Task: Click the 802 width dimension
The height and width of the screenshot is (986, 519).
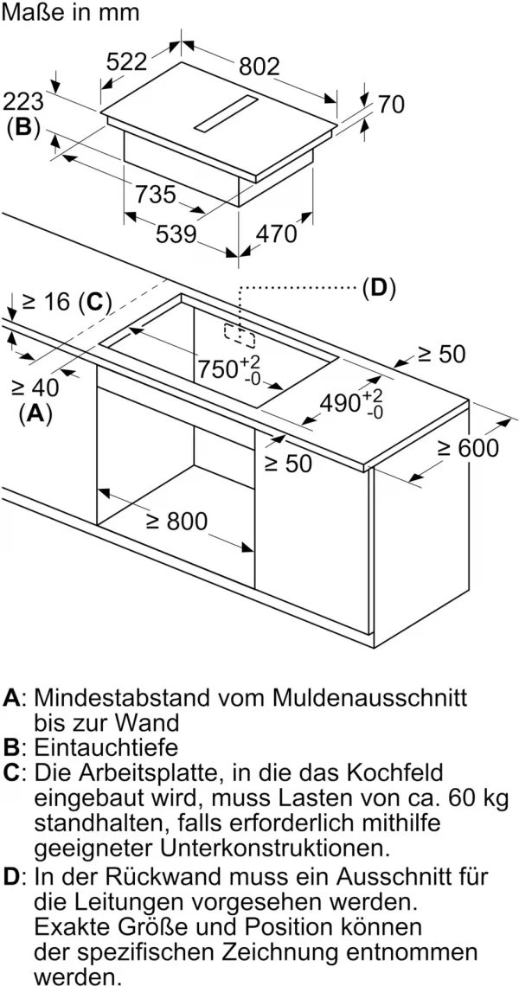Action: point(259,66)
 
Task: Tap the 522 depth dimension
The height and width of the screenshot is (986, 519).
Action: point(126,61)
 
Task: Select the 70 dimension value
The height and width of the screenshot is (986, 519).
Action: point(391,105)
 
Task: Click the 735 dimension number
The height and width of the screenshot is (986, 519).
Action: point(156,195)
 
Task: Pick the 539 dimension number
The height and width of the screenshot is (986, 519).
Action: point(176,234)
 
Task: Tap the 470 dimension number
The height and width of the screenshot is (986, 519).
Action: point(276,234)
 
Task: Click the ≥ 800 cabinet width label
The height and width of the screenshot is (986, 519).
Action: point(176,521)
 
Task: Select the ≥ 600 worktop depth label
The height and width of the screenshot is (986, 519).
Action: point(468,448)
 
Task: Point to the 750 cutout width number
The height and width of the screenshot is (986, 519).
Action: point(218,369)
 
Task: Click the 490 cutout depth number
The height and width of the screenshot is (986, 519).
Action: point(340,402)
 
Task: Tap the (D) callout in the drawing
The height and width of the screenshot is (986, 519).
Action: point(378,288)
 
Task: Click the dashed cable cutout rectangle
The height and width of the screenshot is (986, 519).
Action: point(240,336)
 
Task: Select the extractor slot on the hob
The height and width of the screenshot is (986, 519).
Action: point(226,113)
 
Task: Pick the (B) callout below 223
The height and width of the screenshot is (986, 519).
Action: point(23,127)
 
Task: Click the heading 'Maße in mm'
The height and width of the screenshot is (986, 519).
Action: point(70,13)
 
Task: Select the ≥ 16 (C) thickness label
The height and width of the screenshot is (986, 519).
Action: point(67,302)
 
